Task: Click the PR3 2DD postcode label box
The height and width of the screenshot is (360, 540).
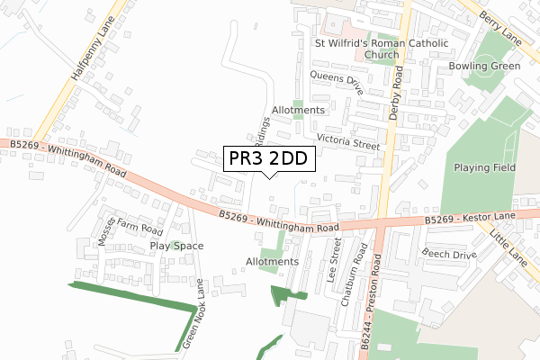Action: tap(268, 159)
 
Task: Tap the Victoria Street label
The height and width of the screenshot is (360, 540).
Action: tap(349, 140)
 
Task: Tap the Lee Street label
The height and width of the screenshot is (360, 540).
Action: tap(334, 261)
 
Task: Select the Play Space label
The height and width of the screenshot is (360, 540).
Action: tap(176, 246)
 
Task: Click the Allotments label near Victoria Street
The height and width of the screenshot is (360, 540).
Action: tap(296, 110)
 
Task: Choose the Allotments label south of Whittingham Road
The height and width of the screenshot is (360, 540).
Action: tap(271, 262)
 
